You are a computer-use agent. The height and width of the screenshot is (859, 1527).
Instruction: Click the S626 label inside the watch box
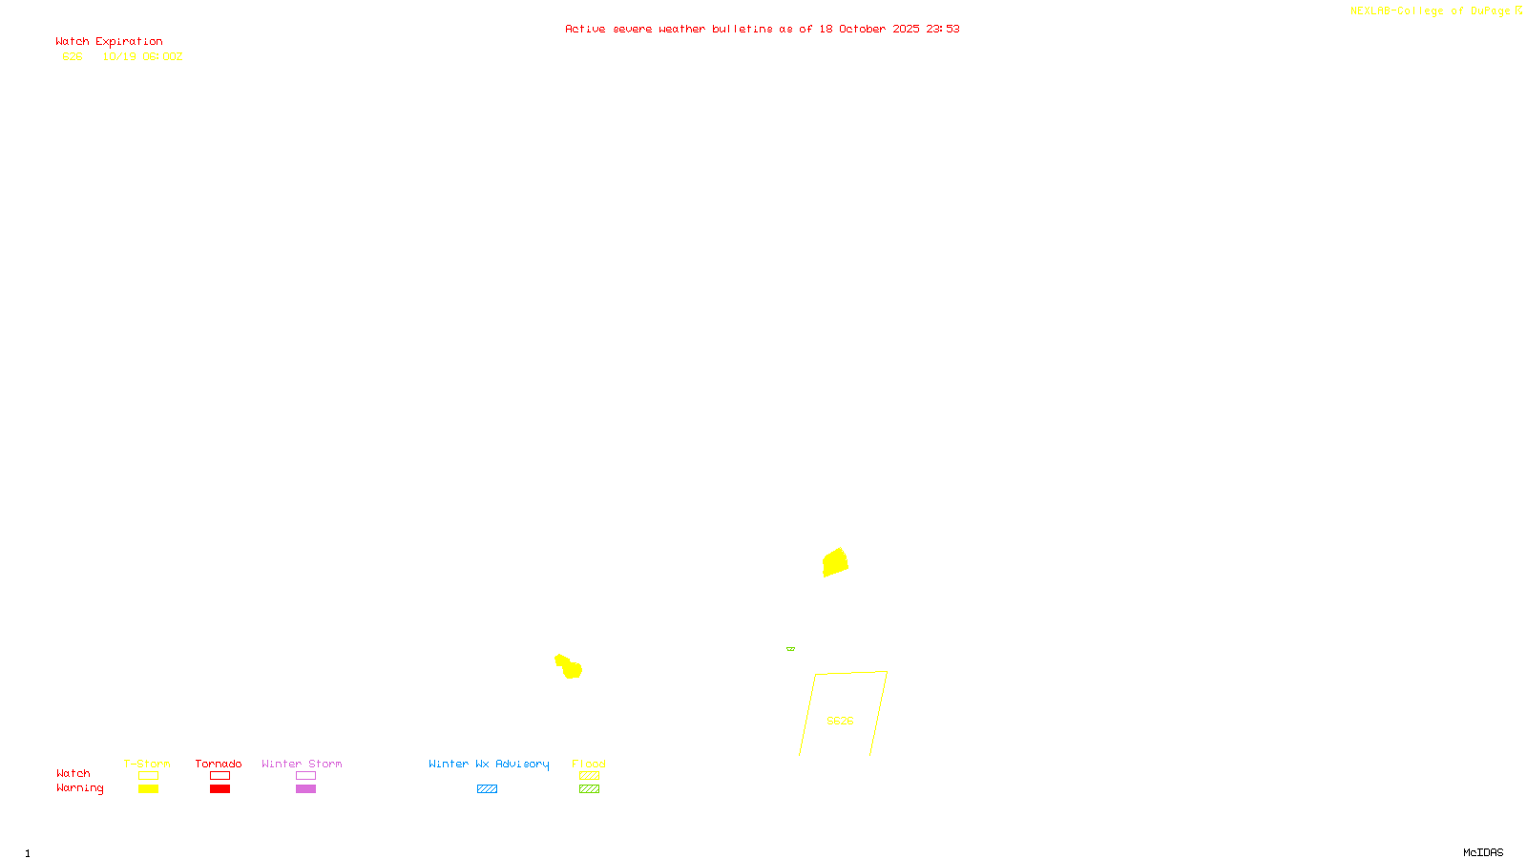[840, 721]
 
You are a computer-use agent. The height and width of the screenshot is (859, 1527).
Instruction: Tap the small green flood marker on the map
[790, 649]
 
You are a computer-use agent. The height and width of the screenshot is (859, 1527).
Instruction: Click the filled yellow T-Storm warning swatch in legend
[148, 789]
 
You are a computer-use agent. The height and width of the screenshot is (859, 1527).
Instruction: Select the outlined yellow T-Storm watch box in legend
[148, 776]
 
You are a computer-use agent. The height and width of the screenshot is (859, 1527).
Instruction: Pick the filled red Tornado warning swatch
[220, 789]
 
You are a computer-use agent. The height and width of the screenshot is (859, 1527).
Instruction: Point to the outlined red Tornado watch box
[220, 776]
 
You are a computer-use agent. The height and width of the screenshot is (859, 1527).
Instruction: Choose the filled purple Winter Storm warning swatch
[305, 789]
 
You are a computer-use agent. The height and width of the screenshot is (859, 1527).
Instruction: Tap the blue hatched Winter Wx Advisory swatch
[487, 789]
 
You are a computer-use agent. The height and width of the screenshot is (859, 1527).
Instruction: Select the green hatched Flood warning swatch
[589, 789]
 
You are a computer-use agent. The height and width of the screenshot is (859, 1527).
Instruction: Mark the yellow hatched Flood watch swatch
[589, 776]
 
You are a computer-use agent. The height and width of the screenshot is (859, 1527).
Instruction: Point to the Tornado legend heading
[219, 764]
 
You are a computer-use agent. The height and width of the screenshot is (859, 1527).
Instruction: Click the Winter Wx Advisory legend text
[489, 764]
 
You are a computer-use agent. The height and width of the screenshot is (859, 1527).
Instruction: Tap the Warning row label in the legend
[79, 788]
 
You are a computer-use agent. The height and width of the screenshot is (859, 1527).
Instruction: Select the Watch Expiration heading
[109, 42]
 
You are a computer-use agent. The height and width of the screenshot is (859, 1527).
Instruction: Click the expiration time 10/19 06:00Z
[142, 56]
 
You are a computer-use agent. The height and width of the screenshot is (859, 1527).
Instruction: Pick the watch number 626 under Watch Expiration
[73, 56]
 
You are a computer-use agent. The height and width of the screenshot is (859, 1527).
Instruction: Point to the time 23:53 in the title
[942, 29]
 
